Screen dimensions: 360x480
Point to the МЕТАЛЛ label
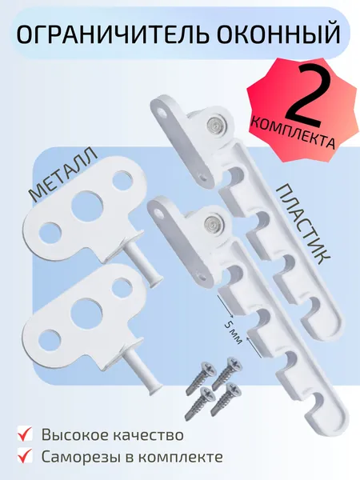point(62,174)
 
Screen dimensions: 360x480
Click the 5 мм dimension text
point(234,333)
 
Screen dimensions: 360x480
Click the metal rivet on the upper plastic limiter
point(214,125)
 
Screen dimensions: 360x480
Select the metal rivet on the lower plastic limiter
point(212,222)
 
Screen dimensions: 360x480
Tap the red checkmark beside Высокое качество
point(25,434)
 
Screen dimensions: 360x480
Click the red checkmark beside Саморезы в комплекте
point(25,456)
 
